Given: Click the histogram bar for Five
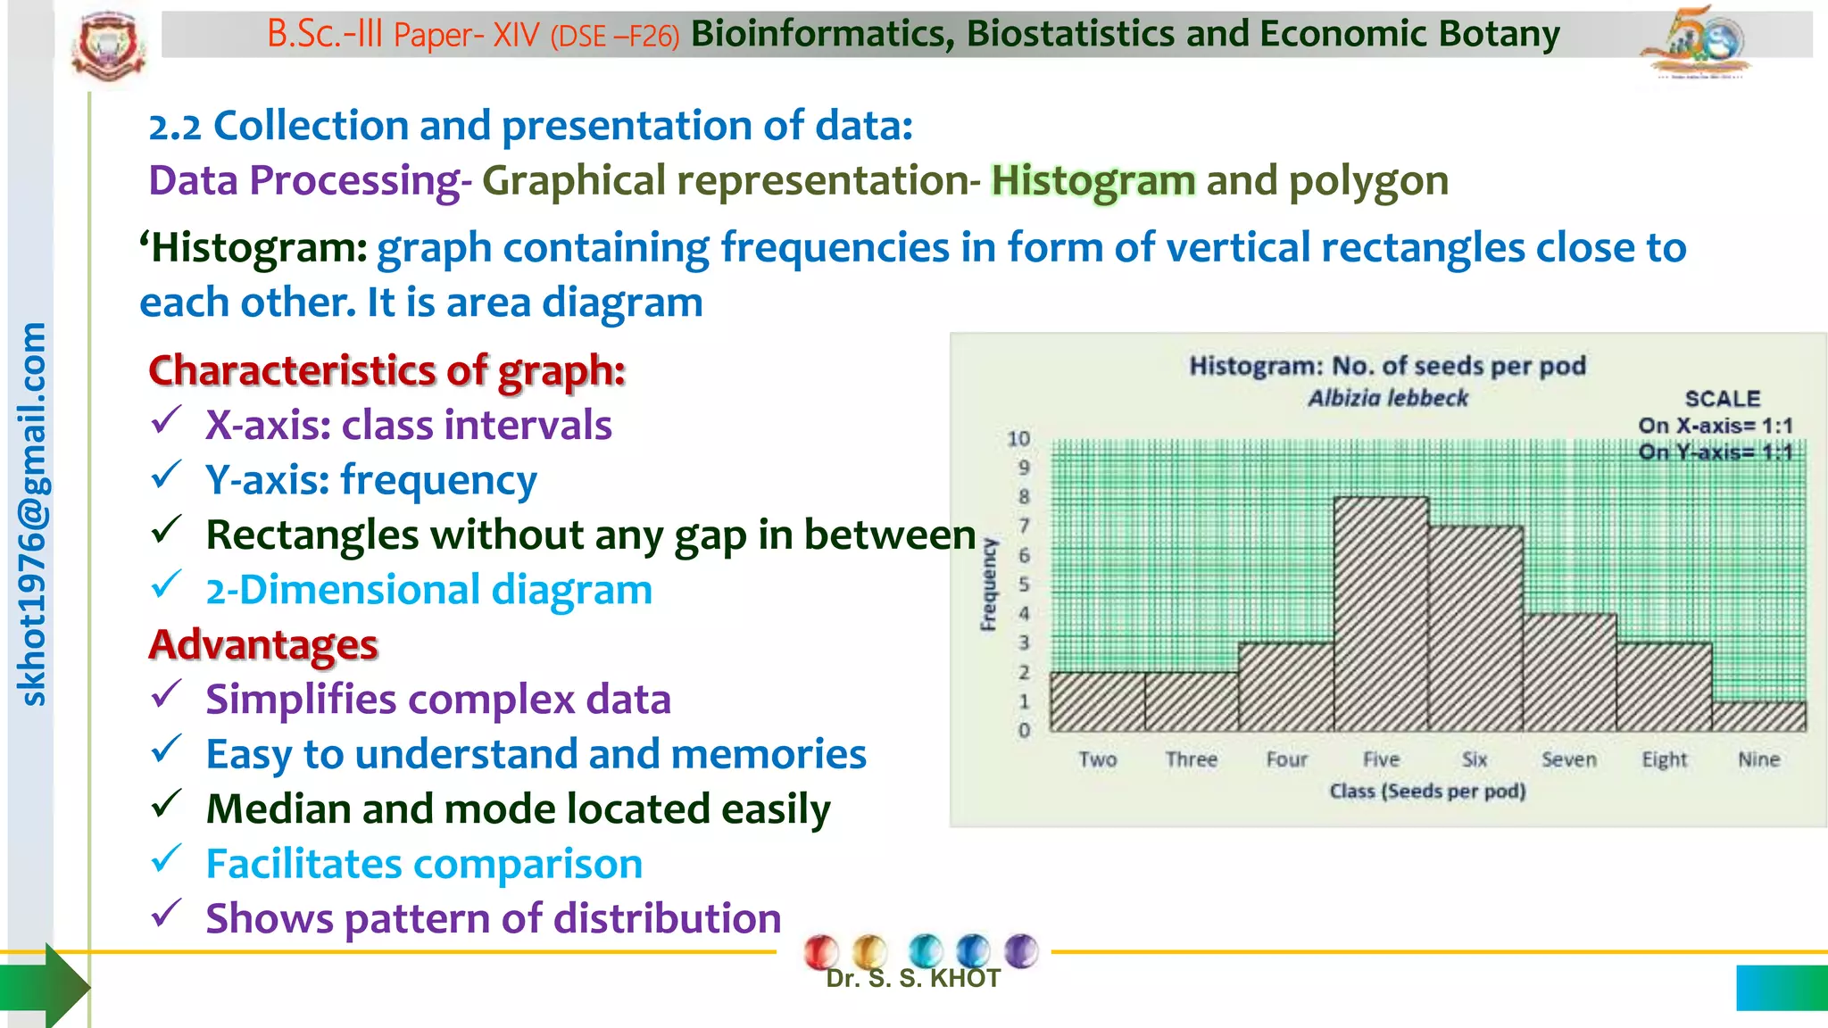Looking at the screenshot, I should click(1381, 616).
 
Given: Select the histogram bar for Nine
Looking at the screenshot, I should click(1758, 717).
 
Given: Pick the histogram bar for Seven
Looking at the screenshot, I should click(1569, 674).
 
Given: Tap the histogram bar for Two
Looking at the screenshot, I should click(1097, 702).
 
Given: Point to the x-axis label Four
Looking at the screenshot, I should click(1286, 759).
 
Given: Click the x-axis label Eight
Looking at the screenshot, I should click(1664, 759).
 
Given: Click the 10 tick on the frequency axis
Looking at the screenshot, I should click(1018, 439).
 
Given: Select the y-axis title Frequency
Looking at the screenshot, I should click(988, 584).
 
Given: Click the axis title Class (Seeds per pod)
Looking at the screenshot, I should click(1427, 791).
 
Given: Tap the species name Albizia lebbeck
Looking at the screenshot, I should click(1388, 398).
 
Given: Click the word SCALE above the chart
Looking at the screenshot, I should click(1722, 399).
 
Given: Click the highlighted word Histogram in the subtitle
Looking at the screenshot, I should click(1093, 181).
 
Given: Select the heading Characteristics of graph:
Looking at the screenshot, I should click(386, 370).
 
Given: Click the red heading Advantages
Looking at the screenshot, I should click(263, 644).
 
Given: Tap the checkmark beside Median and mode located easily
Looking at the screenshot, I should click(167, 805).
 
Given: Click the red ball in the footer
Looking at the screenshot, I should click(820, 952).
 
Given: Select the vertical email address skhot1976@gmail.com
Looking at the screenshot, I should click(32, 514).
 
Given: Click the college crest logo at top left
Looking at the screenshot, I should click(108, 45).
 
